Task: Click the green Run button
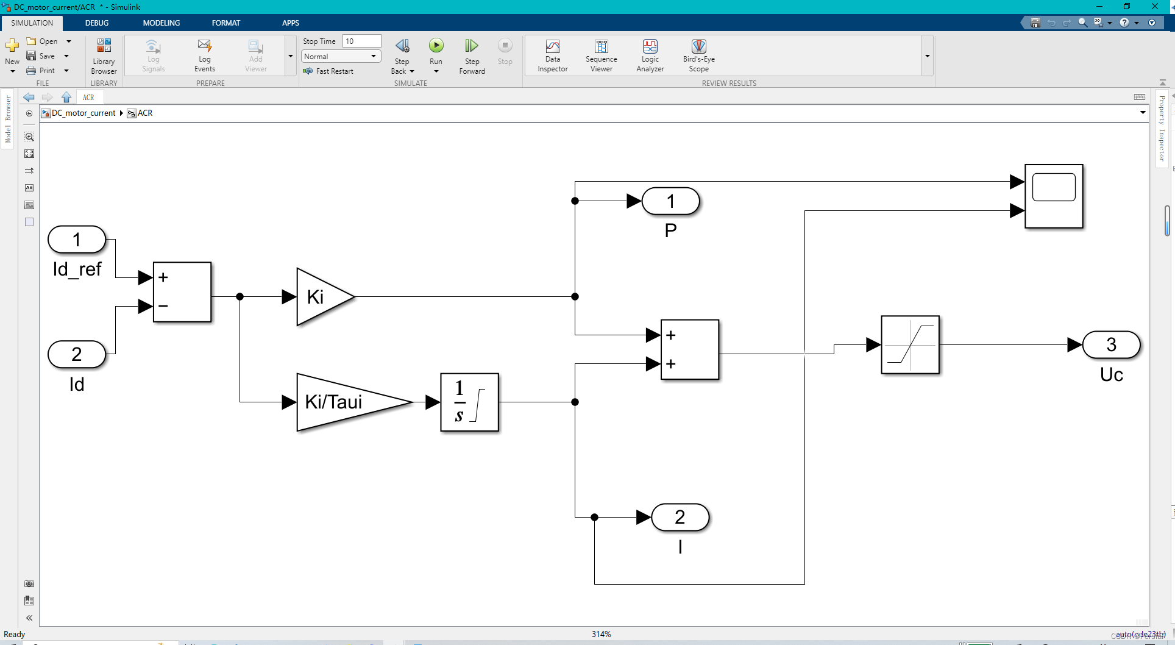tap(436, 46)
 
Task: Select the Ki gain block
tap(323, 297)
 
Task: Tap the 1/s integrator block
tap(469, 402)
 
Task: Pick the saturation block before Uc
tap(910, 344)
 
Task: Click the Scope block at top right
tap(1054, 196)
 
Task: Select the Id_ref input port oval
tap(77, 240)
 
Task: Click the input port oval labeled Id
tap(77, 354)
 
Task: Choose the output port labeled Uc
tap(1111, 344)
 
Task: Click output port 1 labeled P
tap(670, 201)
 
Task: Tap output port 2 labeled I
tap(680, 517)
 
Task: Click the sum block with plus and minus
tap(182, 292)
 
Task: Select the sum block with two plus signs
tap(690, 349)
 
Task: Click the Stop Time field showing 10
tap(361, 41)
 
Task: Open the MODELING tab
tap(161, 23)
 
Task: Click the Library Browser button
tap(104, 55)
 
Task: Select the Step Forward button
tap(472, 55)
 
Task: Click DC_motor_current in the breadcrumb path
tap(83, 113)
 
